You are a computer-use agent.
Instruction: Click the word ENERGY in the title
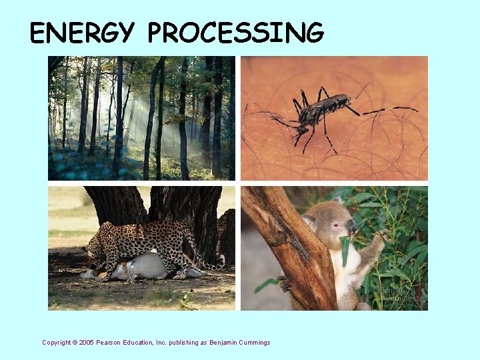(x=83, y=33)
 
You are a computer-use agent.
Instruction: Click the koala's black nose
(x=351, y=226)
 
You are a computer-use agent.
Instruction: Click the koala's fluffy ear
(x=309, y=221)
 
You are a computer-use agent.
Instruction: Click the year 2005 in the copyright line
(x=87, y=343)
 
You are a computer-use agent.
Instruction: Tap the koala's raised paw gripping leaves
(x=382, y=237)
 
